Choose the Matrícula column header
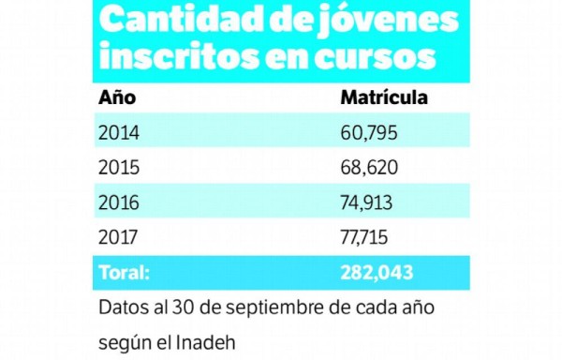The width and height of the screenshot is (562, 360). click(384, 97)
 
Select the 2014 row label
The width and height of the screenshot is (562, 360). click(118, 132)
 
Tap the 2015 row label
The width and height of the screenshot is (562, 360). click(118, 168)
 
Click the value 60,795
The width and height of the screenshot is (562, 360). click(370, 132)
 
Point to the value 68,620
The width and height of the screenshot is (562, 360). click(370, 168)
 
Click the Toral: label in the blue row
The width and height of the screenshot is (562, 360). click(124, 274)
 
